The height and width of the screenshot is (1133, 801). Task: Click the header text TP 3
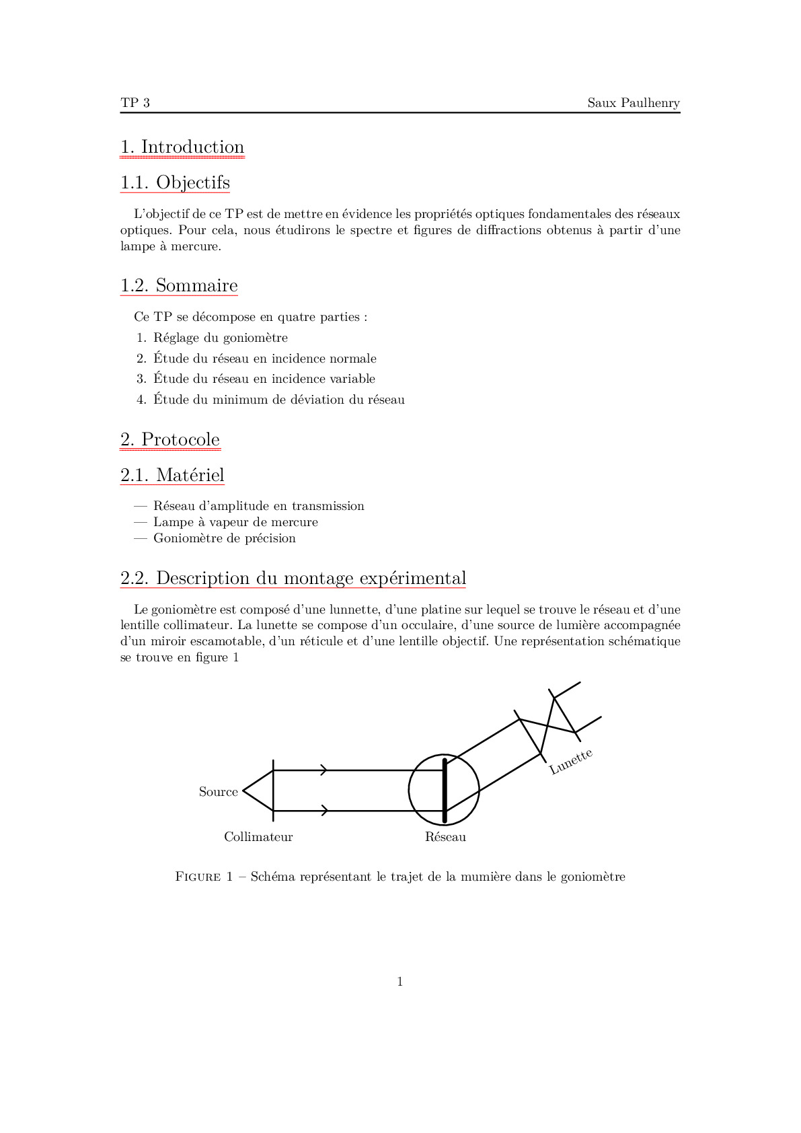(135, 103)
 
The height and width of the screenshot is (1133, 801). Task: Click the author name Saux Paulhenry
(633, 103)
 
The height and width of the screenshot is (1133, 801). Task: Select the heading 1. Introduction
(182, 147)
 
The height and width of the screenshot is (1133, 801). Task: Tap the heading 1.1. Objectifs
(175, 183)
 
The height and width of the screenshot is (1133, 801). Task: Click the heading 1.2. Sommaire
(179, 286)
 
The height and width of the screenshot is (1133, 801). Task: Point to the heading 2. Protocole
(170, 440)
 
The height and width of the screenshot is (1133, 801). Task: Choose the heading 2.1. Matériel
(172, 476)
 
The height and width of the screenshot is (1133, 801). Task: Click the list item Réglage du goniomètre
(220, 338)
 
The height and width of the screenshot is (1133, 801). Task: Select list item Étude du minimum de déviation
(278, 400)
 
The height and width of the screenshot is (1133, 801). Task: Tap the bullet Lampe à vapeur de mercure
(235, 522)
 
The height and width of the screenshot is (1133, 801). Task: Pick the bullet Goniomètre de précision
(224, 538)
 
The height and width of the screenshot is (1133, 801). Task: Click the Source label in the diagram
(218, 792)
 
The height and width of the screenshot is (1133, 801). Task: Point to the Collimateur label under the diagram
(258, 837)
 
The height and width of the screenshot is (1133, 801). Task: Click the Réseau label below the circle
(445, 837)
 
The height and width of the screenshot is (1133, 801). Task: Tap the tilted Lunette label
(571, 762)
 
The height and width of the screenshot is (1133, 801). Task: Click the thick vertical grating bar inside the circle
(445, 791)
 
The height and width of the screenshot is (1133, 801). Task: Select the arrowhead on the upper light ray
(324, 770)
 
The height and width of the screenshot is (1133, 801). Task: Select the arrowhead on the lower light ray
(324, 811)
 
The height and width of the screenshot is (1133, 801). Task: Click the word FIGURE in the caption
(197, 877)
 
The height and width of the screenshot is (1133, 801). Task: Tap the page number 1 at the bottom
(400, 982)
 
